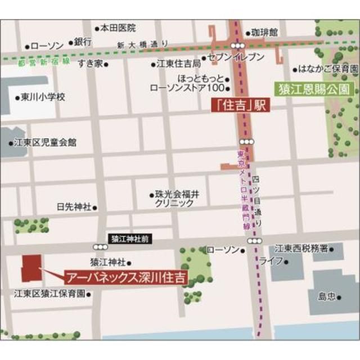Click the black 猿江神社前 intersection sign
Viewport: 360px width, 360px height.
click(129, 238)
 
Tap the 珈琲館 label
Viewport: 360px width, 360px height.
click(264, 33)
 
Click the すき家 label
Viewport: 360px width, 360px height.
click(90, 64)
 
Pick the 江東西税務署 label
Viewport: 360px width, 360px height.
click(301, 248)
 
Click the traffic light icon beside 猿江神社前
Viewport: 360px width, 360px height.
click(100, 246)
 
